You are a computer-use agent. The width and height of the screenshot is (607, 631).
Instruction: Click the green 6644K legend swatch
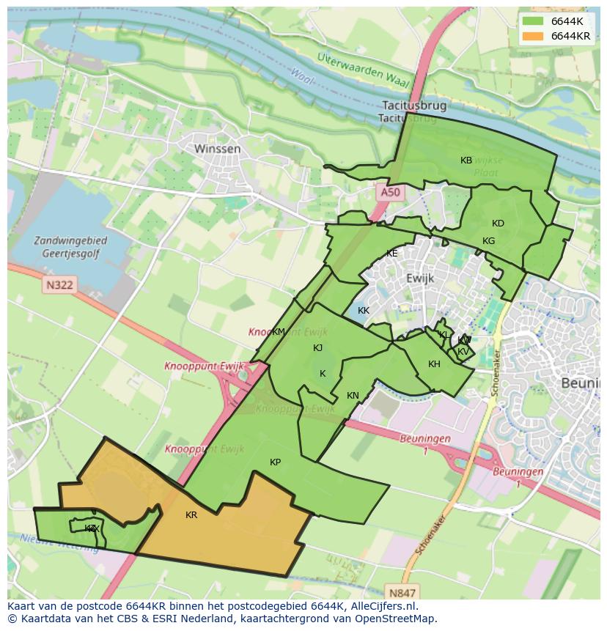click(533, 21)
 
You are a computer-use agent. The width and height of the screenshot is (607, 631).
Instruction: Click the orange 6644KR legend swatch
click(533, 36)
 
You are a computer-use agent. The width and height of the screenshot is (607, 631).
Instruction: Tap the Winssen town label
click(217, 149)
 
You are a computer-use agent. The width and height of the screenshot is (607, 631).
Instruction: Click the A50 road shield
click(390, 192)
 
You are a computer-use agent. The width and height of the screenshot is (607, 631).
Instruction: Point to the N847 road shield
click(402, 592)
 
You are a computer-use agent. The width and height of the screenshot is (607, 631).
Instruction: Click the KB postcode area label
click(466, 160)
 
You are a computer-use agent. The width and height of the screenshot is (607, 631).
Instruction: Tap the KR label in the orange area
click(191, 515)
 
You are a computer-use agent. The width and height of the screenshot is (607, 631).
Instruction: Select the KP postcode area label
click(275, 462)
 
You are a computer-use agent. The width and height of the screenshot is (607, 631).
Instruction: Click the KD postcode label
click(498, 224)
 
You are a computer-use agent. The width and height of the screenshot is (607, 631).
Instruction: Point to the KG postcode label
click(488, 241)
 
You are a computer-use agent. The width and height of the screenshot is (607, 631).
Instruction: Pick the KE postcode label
click(392, 254)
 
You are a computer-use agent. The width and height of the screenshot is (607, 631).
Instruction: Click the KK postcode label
click(364, 311)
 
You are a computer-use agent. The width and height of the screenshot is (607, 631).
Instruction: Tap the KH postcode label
click(434, 364)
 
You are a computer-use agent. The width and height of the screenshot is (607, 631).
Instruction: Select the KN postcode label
click(353, 396)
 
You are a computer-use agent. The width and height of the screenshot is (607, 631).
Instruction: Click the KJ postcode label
click(317, 348)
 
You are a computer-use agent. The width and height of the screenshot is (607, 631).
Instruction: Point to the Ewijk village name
click(420, 278)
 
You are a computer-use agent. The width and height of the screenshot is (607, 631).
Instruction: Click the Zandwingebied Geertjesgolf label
click(70, 247)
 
